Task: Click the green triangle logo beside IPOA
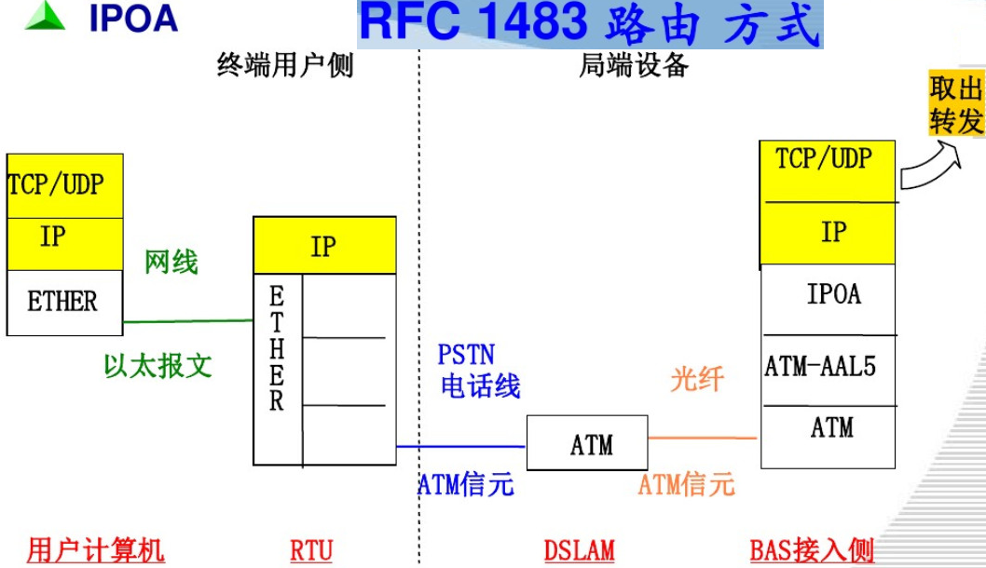click(x=45, y=17)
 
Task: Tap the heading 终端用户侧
click(x=285, y=66)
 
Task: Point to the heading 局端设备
click(x=634, y=66)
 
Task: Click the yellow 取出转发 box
click(x=956, y=104)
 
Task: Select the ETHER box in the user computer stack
click(x=63, y=303)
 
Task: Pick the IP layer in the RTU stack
click(x=323, y=247)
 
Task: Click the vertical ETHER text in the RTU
click(x=277, y=349)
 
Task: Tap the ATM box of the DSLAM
click(x=592, y=445)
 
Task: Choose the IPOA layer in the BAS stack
click(x=832, y=296)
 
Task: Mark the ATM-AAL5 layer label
click(x=820, y=367)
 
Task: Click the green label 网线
click(x=171, y=263)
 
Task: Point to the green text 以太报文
click(x=157, y=366)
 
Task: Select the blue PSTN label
click(x=466, y=355)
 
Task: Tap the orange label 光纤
click(x=697, y=378)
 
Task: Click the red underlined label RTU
click(x=310, y=550)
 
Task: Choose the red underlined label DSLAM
click(x=579, y=550)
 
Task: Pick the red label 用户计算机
click(x=96, y=550)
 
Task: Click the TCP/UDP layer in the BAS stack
click(x=824, y=159)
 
